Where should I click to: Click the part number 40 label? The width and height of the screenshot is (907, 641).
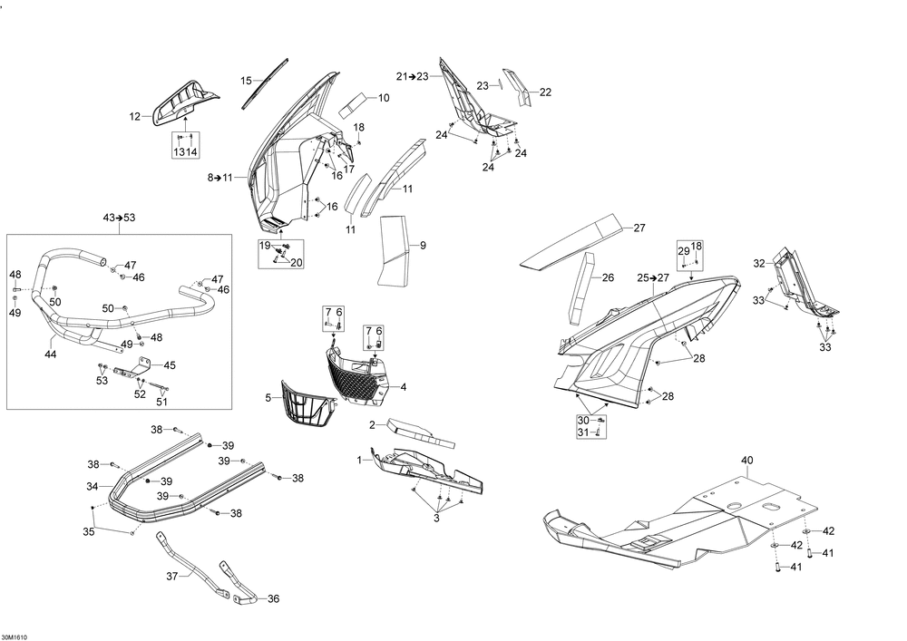coord(746,461)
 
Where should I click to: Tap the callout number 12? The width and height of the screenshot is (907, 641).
coord(135,117)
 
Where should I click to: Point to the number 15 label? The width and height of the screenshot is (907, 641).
coord(247,81)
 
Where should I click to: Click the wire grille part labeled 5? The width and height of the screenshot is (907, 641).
coord(307,404)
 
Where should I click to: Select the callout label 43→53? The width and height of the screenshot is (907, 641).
coord(119,218)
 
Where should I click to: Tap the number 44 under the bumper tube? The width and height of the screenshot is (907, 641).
coord(51,354)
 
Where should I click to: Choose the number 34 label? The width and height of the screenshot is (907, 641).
coord(93,487)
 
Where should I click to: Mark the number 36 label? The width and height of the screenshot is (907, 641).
coord(273,598)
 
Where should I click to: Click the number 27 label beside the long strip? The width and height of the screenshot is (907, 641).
coord(639,228)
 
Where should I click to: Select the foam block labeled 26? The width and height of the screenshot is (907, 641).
coord(580,287)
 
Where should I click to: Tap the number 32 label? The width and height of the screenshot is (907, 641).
coord(759,264)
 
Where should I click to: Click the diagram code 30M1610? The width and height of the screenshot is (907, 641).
coord(14,637)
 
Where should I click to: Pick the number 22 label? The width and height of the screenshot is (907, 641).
coord(545,92)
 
